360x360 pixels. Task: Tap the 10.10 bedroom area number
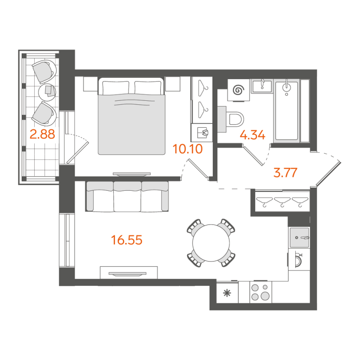coord(189,148)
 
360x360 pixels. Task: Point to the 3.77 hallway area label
coord(286,173)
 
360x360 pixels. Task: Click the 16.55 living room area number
coord(127,240)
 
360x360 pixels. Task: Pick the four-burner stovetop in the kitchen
coord(261,292)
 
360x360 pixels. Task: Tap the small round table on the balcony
coord(47,91)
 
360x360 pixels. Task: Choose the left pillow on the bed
coord(117,87)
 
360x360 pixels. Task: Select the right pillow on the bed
coord(148,87)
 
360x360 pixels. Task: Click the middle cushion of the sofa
coord(127,197)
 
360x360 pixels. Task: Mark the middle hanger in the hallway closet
coord(283,201)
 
